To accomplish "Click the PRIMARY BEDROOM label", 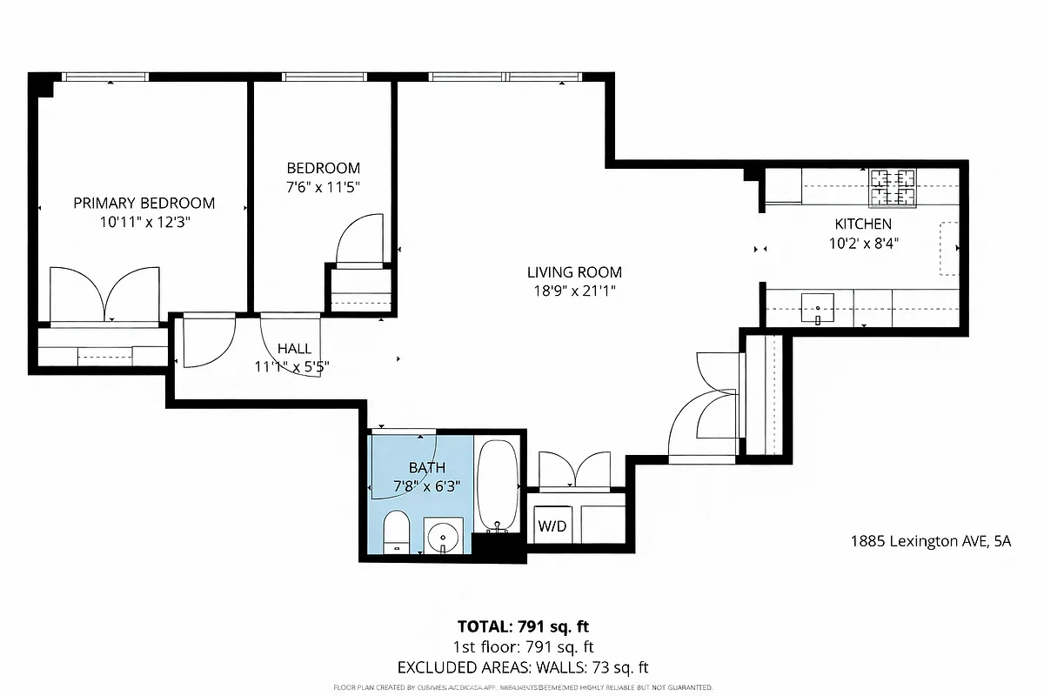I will (144, 203).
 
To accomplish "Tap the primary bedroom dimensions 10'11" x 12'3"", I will (144, 222).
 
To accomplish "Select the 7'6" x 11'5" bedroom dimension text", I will (324, 187).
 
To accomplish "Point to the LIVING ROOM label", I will (574, 272).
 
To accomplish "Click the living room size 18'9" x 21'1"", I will (574, 291).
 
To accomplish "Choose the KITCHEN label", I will (863, 224).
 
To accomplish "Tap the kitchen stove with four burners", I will (893, 187).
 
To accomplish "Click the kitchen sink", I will (817, 306).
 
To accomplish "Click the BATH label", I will (426, 468).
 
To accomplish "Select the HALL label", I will (294, 349).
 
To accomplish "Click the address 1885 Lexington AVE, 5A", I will (930, 541).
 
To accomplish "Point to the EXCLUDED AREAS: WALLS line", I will (524, 668).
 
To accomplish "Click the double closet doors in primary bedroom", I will (104, 296).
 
